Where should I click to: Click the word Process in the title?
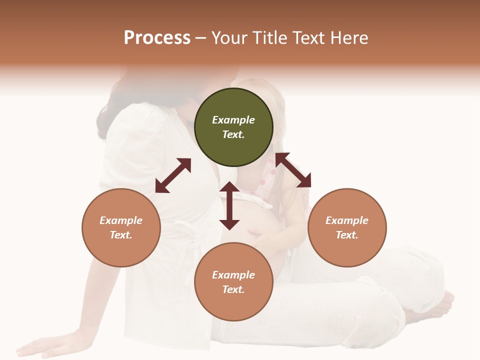[x=157, y=38]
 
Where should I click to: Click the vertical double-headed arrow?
[x=229, y=205]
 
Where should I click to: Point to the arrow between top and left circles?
[x=173, y=175]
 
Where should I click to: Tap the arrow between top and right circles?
[x=293, y=170]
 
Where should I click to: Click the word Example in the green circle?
[x=233, y=120]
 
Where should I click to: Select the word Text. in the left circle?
[x=121, y=235]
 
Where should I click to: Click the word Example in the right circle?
[x=347, y=220]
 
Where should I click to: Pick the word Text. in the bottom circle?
[x=233, y=289]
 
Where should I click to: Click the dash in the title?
[x=201, y=38]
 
